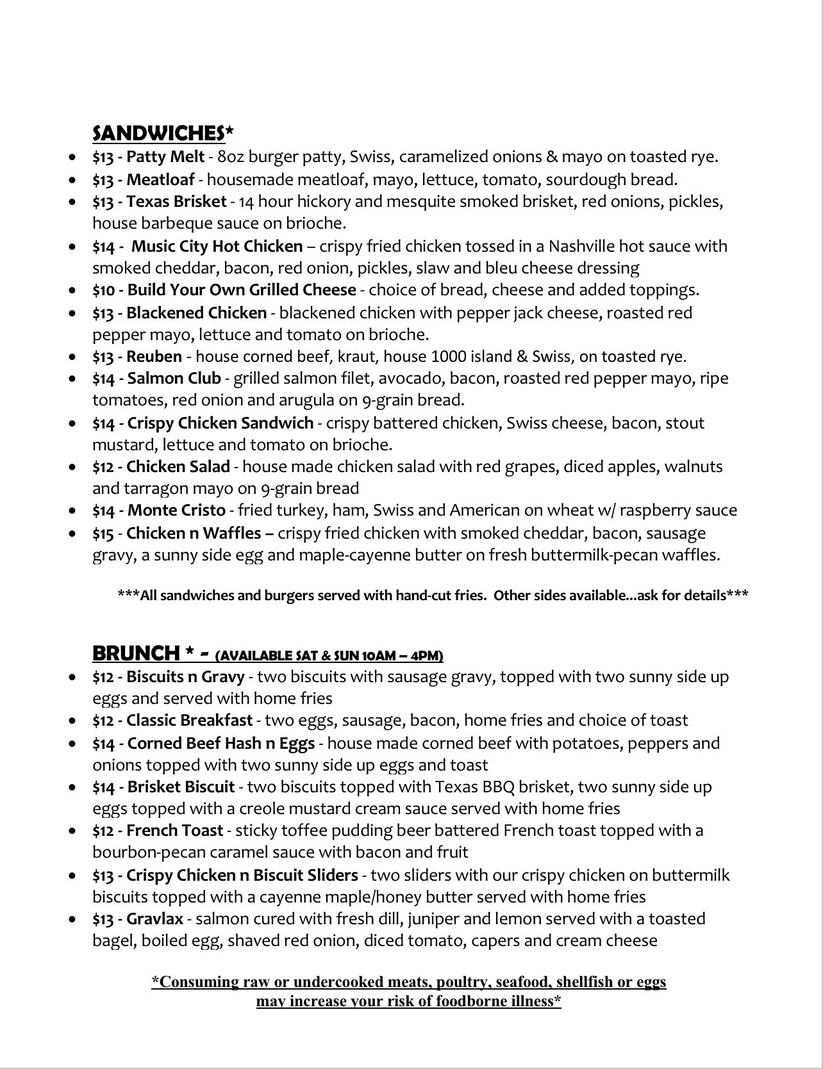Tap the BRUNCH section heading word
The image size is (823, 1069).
tap(136, 653)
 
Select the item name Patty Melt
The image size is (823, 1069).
tap(165, 157)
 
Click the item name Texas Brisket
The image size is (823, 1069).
tap(176, 202)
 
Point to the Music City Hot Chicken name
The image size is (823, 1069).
tap(217, 246)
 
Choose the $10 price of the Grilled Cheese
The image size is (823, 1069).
tap(103, 290)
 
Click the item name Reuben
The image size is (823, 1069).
tap(154, 357)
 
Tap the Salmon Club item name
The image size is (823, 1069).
tap(174, 379)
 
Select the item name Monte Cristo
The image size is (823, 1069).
tap(176, 510)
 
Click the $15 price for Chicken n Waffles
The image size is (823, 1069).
tap(103, 534)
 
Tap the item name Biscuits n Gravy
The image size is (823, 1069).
tap(185, 677)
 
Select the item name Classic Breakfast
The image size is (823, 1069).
tap(189, 721)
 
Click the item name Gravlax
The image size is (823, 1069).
tap(154, 919)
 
